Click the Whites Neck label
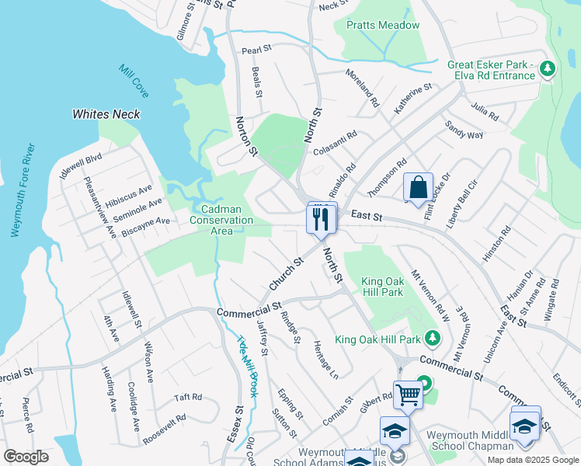coord(106,114)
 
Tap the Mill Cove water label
coord(134,81)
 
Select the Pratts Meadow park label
coord(382,26)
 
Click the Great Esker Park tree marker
coord(548,69)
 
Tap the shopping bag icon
coord(418,188)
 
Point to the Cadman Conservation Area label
coord(221,220)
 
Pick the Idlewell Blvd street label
coord(81,168)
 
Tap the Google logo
coord(26,457)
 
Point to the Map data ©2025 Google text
coord(532,460)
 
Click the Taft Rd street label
coord(188,396)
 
